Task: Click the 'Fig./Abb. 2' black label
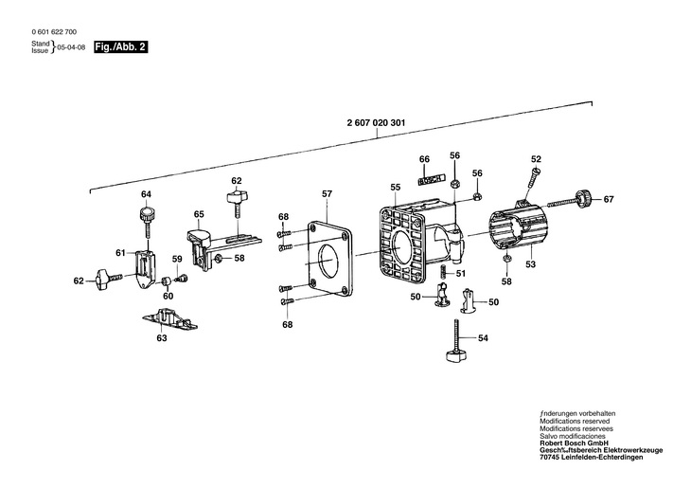point(120,46)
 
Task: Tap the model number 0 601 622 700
point(54,32)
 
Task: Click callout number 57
point(327,194)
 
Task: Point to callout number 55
point(396,188)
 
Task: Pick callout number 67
point(609,200)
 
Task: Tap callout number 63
point(162,338)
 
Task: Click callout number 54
point(484,338)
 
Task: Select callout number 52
point(536,159)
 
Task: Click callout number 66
point(424,159)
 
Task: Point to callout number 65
point(199,214)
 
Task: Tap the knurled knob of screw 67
point(585,198)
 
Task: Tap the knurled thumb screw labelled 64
point(147,217)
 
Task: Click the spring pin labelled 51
point(443,274)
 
